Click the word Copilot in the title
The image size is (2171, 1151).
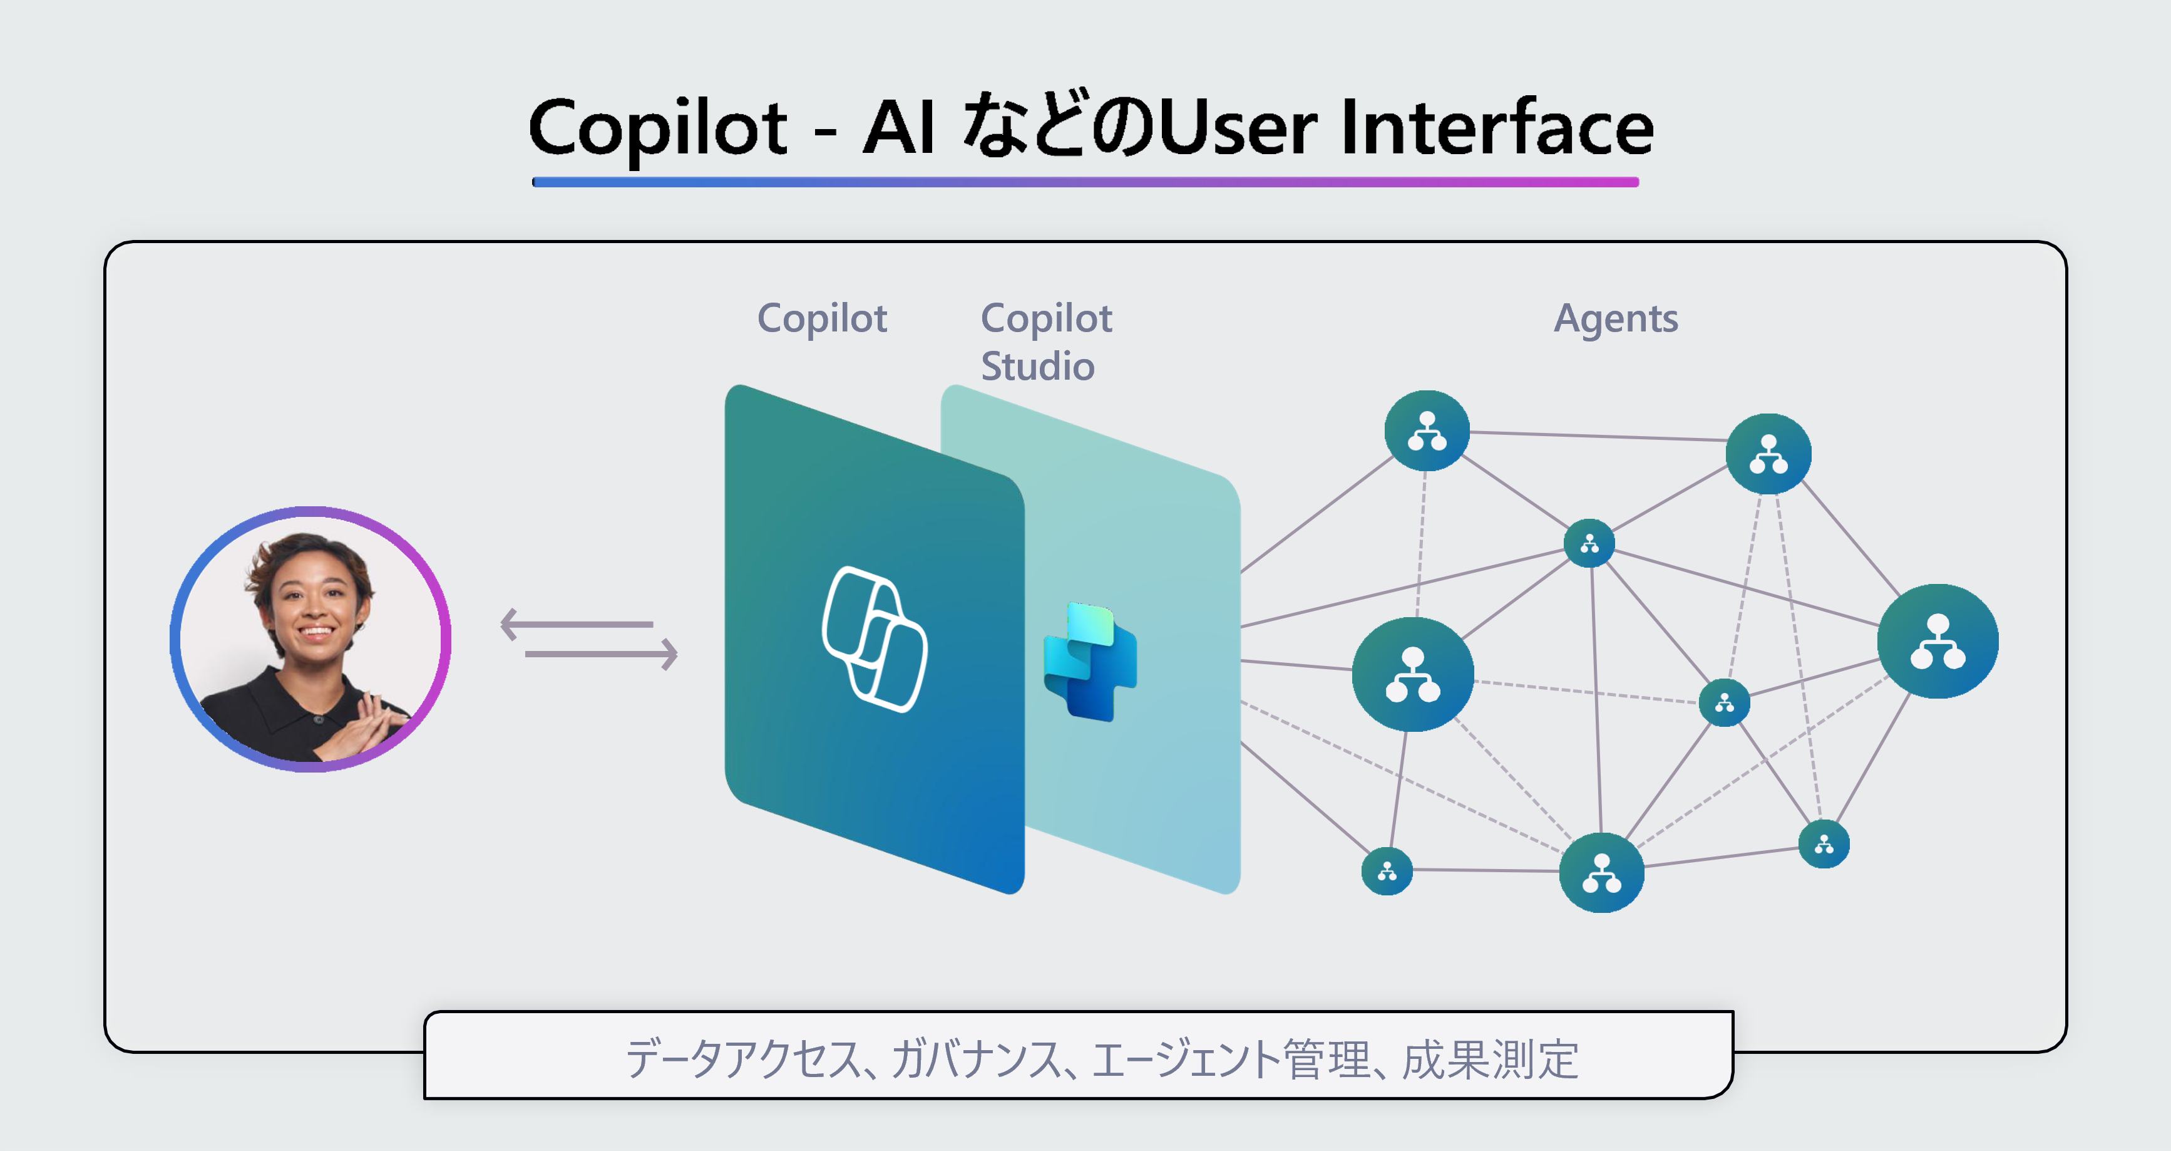point(657,128)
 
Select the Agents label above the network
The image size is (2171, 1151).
point(1616,319)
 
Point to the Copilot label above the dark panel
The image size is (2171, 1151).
point(822,319)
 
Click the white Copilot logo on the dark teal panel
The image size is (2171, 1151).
point(874,639)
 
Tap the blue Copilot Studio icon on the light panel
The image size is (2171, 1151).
point(1091,662)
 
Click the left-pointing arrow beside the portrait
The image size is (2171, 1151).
point(577,625)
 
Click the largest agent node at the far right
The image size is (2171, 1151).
point(1937,641)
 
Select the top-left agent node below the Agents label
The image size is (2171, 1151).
point(1427,431)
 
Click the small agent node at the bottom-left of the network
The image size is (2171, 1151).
point(1387,871)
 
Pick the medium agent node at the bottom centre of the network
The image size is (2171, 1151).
point(1601,873)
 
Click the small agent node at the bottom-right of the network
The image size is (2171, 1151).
point(1824,844)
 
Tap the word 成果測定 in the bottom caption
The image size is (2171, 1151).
point(1490,1060)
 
